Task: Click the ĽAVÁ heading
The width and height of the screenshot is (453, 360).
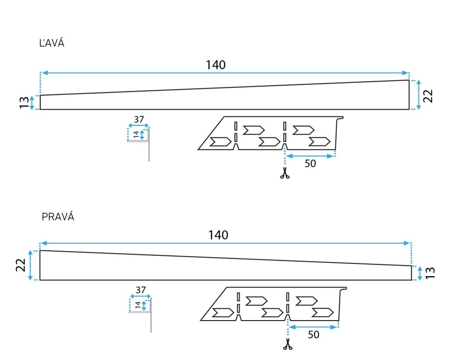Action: coord(52,43)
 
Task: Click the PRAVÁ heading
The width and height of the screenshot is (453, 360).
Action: coord(58,217)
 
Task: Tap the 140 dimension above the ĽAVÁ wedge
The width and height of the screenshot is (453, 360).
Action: coord(216,65)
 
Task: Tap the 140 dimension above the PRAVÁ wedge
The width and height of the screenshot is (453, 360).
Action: coord(218,235)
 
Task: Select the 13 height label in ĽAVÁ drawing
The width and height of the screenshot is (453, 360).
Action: coord(24,102)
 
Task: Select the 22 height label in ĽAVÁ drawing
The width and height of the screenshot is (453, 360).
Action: coord(428,96)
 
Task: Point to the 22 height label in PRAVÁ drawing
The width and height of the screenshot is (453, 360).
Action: coord(21,265)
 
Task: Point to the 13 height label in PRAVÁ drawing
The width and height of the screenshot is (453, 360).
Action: coord(430,272)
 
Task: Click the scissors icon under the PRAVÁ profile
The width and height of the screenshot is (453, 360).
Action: coord(288,344)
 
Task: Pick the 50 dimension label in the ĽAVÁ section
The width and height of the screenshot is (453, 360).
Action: coord(310,164)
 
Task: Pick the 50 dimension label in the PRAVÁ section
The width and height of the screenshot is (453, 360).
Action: coord(313,335)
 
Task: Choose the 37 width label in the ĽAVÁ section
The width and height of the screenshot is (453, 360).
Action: coord(139,119)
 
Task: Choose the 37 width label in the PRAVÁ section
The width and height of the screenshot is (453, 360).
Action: coord(141,290)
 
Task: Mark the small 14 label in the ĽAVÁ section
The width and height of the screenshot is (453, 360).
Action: coord(136,135)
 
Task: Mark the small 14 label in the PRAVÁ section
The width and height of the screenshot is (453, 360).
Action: coord(138,305)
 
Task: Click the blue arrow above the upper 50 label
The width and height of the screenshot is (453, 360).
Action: coord(310,156)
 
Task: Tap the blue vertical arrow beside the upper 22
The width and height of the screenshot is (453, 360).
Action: coord(419,95)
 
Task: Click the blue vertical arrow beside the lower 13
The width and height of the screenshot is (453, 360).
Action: coord(420,273)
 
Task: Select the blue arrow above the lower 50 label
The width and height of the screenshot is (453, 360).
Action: coord(313,327)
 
